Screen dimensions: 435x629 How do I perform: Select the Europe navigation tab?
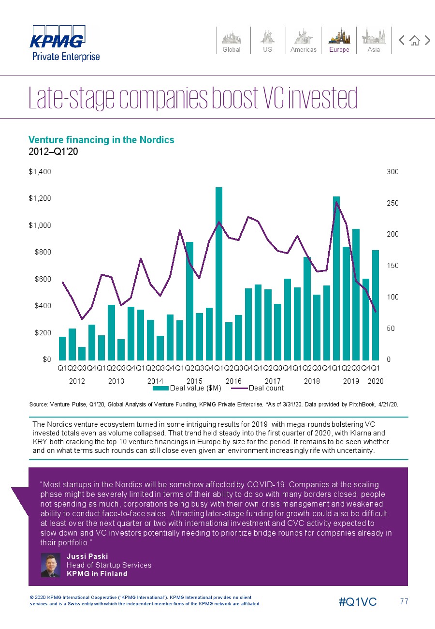(x=339, y=40)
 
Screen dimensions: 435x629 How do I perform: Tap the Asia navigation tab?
(x=374, y=40)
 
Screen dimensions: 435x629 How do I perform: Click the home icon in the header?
(x=415, y=41)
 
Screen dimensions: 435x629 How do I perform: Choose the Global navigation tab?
(x=232, y=40)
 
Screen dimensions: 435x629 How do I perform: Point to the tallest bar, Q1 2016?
(x=219, y=273)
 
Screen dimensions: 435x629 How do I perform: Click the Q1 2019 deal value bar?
(x=336, y=278)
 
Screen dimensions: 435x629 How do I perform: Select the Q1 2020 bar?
(x=375, y=305)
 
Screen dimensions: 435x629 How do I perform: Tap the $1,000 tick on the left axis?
(x=40, y=225)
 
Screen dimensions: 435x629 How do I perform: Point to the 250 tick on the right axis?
(x=392, y=203)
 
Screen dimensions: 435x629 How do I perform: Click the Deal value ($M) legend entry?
(x=187, y=388)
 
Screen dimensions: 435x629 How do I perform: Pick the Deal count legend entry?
(x=258, y=388)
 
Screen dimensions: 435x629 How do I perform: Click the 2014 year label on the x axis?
(x=155, y=381)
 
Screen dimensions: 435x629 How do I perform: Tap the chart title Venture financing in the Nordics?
(x=101, y=139)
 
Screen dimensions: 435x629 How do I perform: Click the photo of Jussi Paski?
(x=50, y=565)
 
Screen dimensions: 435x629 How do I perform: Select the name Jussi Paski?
(x=87, y=556)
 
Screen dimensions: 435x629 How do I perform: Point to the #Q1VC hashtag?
(x=358, y=602)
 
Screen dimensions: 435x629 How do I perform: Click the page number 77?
(x=404, y=601)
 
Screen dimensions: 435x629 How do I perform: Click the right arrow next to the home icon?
(x=428, y=40)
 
